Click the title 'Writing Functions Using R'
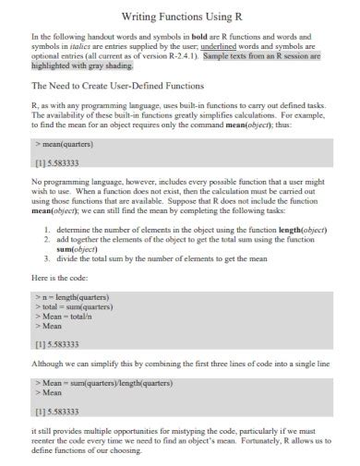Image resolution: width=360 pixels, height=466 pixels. (x=180, y=18)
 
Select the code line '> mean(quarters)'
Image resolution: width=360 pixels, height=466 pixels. (x=67, y=146)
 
